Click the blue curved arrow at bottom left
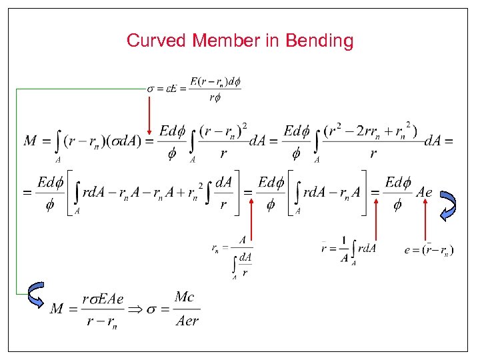tap(33, 294)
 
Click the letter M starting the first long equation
tap(30, 141)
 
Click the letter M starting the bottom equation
tap(57, 309)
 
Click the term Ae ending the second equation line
tap(424, 193)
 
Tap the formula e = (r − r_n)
tap(429, 250)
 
